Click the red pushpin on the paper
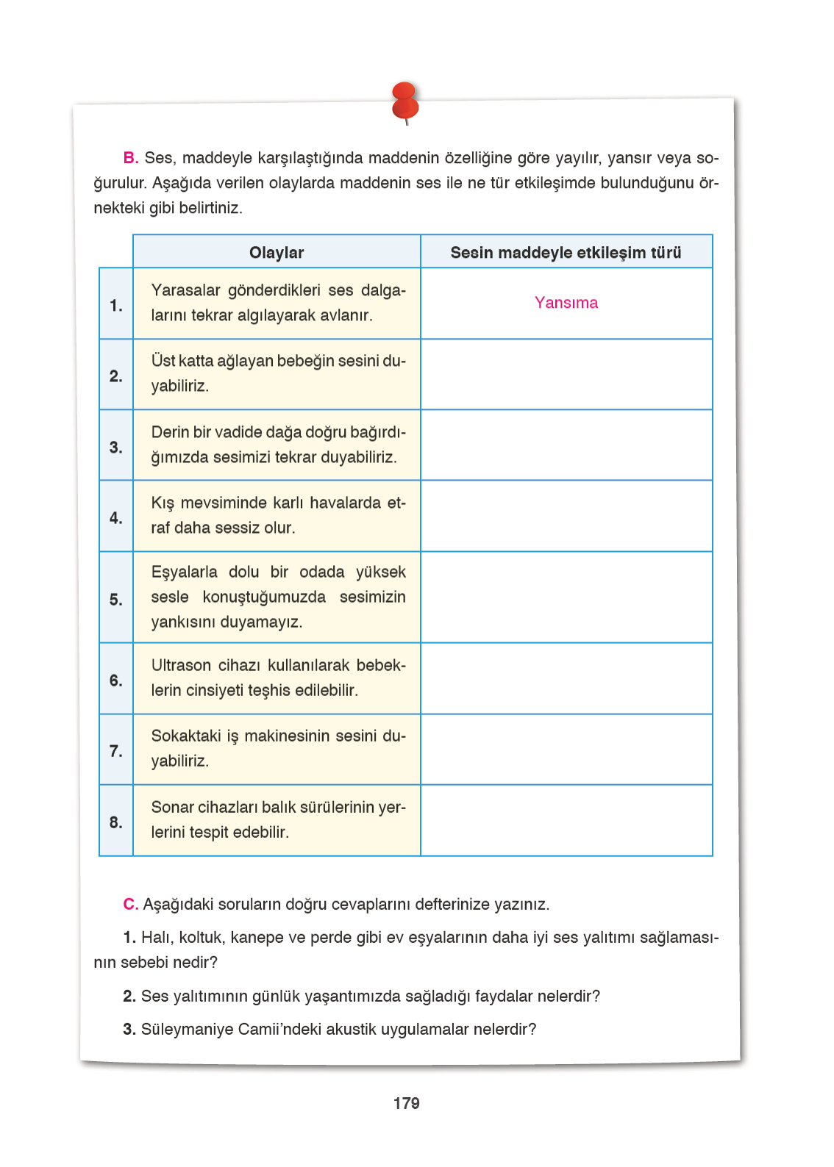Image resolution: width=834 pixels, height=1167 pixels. pyautogui.click(x=405, y=102)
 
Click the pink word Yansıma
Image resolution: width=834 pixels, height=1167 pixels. pyautogui.click(x=566, y=303)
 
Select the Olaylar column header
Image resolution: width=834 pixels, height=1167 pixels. pyautogui.click(x=276, y=252)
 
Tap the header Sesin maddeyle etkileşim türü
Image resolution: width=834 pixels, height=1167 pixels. pyautogui.click(x=566, y=252)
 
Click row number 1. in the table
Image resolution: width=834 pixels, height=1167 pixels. pyautogui.click(x=115, y=305)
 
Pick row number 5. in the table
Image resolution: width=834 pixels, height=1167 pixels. pyautogui.click(x=115, y=599)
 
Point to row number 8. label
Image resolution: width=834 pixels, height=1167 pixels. pyautogui.click(x=115, y=822)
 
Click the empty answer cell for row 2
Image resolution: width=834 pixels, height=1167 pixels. pyautogui.click(x=566, y=374)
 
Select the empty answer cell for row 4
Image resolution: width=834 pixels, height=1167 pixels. pyautogui.click(x=566, y=516)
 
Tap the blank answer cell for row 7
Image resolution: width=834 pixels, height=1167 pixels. pyautogui.click(x=566, y=749)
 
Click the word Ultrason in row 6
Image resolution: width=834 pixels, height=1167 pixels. pyautogui.click(x=181, y=665)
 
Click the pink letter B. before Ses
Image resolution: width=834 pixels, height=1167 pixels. pyautogui.click(x=131, y=158)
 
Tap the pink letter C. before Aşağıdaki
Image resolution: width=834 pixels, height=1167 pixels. pyautogui.click(x=131, y=904)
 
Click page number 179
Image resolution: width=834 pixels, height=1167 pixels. pyautogui.click(x=406, y=1103)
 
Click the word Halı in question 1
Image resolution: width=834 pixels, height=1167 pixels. pyautogui.click(x=155, y=937)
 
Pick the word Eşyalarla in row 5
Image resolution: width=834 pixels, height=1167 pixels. pyautogui.click(x=184, y=572)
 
